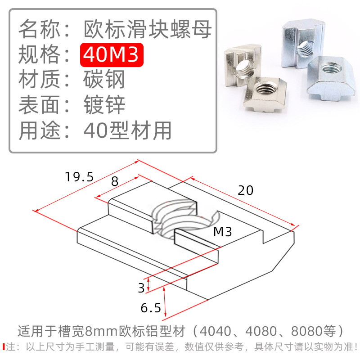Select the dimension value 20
(246, 190)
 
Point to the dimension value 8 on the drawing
(114, 181)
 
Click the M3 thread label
(222, 232)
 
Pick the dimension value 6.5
(150, 308)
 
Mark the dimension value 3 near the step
(141, 287)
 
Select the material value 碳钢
(104, 80)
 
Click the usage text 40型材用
(128, 130)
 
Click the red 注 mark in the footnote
(11, 347)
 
